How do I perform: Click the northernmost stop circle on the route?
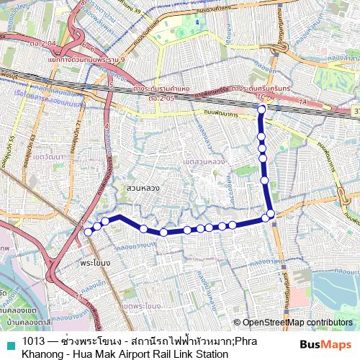tap(262, 109)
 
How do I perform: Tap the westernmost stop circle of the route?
tap(89, 232)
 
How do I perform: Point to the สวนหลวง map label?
tap(143, 187)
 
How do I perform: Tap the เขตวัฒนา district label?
tap(46, 156)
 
